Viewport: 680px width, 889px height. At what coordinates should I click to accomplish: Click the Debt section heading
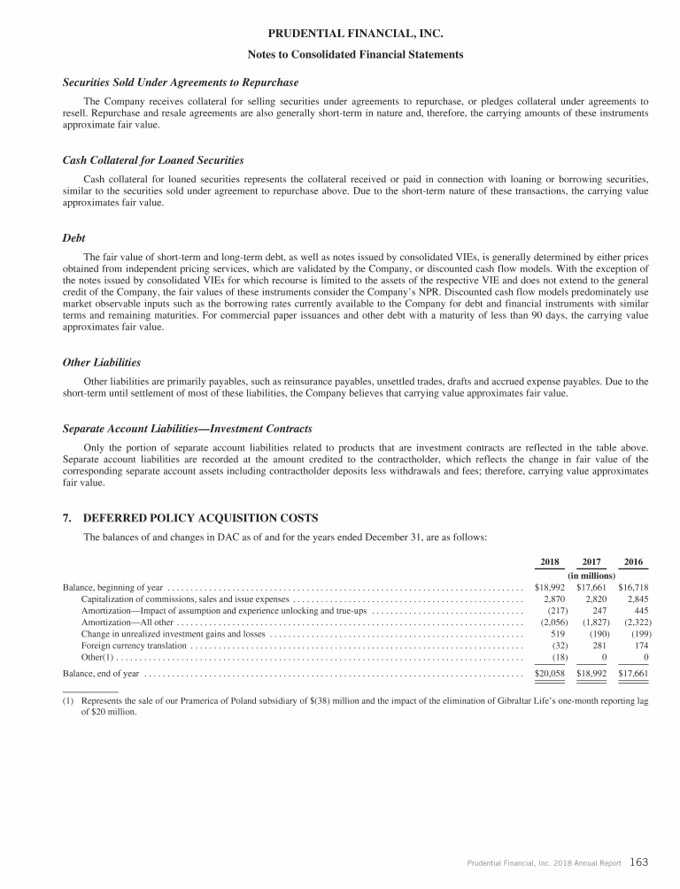point(74,238)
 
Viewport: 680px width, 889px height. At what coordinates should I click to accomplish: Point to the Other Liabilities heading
point(102,362)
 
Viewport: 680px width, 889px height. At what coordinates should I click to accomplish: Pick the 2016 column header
point(634,561)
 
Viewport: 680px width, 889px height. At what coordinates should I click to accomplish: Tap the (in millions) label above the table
point(591,576)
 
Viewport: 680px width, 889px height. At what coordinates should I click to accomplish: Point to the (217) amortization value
point(553,611)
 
